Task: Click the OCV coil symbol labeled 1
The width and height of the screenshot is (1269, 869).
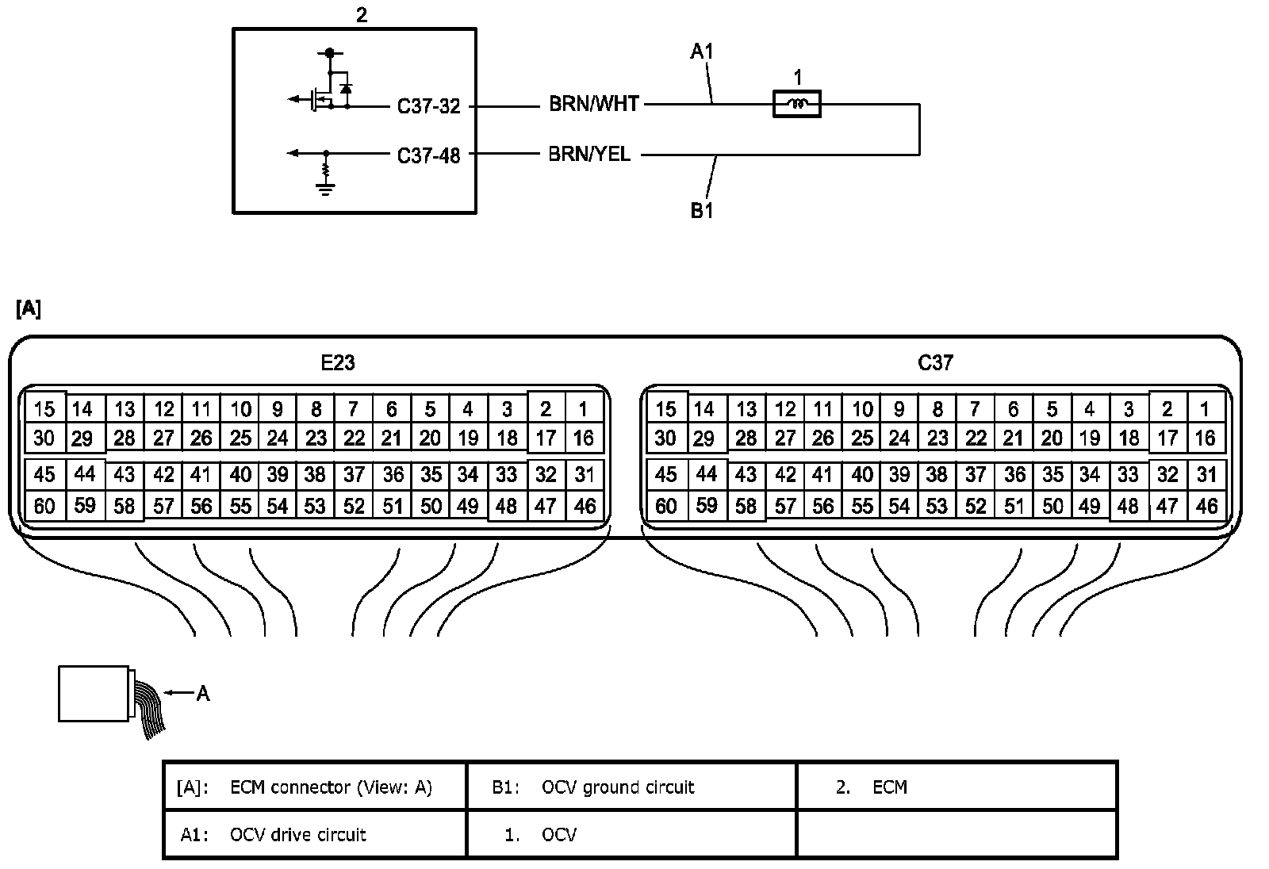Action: pos(796,104)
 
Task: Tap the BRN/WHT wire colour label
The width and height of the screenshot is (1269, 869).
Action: pos(594,104)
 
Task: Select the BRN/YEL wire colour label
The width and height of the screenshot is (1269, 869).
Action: pos(589,154)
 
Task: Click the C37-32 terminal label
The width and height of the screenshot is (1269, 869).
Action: pos(428,106)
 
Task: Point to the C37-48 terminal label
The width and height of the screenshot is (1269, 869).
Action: pos(428,155)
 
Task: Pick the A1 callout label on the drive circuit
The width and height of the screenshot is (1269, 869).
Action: pos(701,52)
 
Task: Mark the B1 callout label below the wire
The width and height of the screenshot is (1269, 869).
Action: pos(701,211)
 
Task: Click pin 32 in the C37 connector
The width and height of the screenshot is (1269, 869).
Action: pos(1167,475)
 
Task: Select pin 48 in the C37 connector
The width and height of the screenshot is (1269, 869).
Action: pos(1128,506)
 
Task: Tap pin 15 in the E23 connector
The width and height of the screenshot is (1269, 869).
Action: pos(44,409)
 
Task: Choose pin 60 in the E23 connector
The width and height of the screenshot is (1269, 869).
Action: pos(44,506)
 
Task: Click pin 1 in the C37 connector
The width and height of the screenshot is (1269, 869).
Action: pos(1205,409)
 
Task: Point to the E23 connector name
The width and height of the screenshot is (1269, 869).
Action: pos(338,362)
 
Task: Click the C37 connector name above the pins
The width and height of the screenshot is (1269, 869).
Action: pos(935,362)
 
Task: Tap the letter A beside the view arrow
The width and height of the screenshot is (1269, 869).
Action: pos(203,694)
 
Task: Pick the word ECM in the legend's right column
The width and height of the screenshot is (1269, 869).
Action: pos(889,787)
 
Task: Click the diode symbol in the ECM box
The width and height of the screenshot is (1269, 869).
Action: pos(346,89)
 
